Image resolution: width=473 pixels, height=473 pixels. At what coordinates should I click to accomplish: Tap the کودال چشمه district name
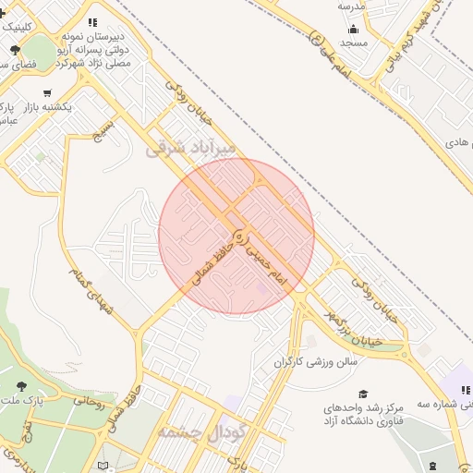(200, 432)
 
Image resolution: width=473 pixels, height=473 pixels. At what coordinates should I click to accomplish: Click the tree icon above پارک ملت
(21, 386)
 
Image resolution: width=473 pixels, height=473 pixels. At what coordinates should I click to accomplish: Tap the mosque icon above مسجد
(353, 27)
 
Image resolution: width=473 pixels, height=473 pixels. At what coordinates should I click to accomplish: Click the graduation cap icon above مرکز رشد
(362, 394)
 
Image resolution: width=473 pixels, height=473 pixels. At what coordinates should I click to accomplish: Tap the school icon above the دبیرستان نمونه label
(91, 22)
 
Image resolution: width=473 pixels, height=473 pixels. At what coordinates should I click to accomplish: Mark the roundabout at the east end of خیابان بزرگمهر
(406, 348)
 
